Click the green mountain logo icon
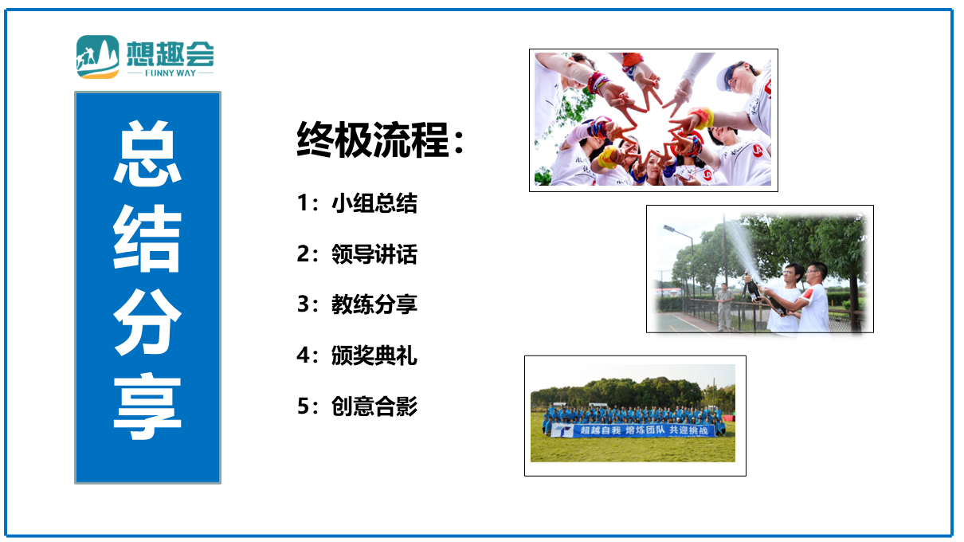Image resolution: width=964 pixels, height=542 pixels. tap(98, 57)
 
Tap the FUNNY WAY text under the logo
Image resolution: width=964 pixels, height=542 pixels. tap(170, 73)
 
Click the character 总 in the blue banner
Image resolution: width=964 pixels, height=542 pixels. tap(147, 153)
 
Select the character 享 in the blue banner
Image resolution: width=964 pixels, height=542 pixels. tap(147, 406)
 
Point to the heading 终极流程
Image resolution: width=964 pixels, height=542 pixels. tap(373, 140)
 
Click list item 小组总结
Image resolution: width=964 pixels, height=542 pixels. tap(374, 202)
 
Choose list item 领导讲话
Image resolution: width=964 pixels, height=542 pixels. tap(374, 253)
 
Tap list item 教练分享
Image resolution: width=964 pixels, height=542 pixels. tap(374, 304)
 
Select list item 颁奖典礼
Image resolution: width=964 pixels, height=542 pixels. tap(374, 355)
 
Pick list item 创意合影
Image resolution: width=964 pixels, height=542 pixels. tap(374, 406)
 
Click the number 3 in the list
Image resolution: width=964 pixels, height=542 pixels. tap(303, 304)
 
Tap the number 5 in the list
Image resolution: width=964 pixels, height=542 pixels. tap(303, 406)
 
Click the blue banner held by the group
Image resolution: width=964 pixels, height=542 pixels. tap(633, 430)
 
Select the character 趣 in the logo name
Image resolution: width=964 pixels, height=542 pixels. tap(170, 54)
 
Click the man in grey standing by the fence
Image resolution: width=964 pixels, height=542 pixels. tap(724, 307)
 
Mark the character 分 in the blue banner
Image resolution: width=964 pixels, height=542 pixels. tap(147, 322)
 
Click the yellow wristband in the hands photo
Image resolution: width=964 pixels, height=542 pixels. tap(606, 157)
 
